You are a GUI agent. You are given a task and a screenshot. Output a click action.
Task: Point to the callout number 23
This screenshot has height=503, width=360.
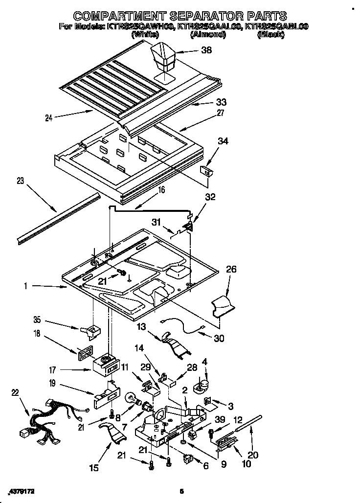click(x=20, y=181)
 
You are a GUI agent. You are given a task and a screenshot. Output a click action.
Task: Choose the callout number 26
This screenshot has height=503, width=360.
click(x=231, y=269)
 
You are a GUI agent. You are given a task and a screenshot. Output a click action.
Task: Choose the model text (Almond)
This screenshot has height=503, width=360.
click(x=204, y=35)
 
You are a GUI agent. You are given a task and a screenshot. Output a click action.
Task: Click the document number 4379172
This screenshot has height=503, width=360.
click(x=23, y=490)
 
